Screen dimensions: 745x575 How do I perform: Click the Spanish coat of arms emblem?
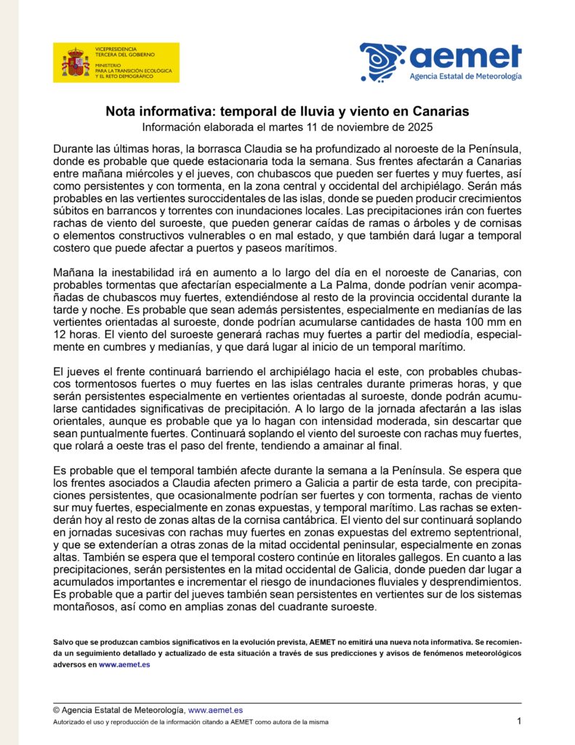pos(75,63)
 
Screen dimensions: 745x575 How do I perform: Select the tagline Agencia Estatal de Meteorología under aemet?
pos(465,76)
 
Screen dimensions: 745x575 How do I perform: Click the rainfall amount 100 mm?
pos(483,323)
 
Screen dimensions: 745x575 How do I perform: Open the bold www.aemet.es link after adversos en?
pos(124,664)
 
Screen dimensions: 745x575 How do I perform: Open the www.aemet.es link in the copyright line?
pos(215,709)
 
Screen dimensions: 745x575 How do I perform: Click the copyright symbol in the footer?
pos(57,709)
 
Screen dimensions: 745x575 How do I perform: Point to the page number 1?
pos(519,720)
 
